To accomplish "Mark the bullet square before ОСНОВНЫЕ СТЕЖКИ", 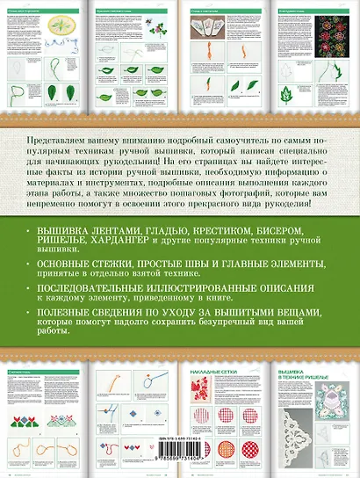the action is point(28,262).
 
